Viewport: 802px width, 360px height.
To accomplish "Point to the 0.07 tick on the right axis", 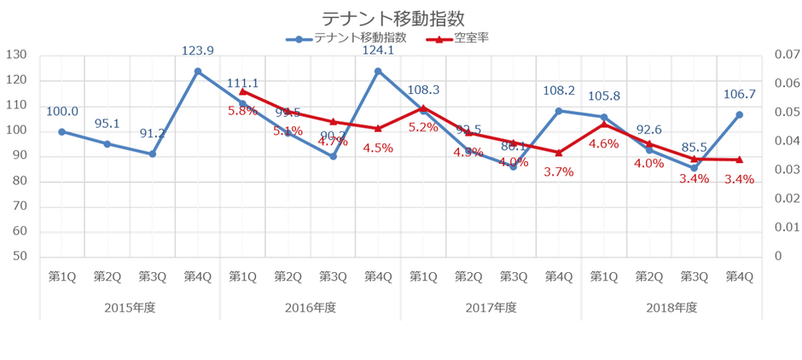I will [785, 55].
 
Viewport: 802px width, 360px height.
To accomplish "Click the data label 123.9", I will [198, 52].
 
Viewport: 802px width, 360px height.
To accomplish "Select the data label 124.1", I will [378, 51].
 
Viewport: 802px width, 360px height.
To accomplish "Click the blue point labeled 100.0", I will [61, 131].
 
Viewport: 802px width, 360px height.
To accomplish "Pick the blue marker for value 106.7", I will [739, 114].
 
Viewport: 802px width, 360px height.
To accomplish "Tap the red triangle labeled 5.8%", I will [243, 90].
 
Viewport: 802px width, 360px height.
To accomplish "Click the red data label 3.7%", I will [559, 171].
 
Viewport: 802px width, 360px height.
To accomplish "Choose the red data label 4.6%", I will [604, 143].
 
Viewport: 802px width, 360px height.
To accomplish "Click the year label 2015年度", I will [130, 307].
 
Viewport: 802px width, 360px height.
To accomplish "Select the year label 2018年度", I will [671, 307].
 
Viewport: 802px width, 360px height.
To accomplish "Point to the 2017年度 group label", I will [491, 307].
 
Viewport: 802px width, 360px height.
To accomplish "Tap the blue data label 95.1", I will [108, 124].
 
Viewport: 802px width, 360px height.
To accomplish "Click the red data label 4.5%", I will [378, 148].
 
